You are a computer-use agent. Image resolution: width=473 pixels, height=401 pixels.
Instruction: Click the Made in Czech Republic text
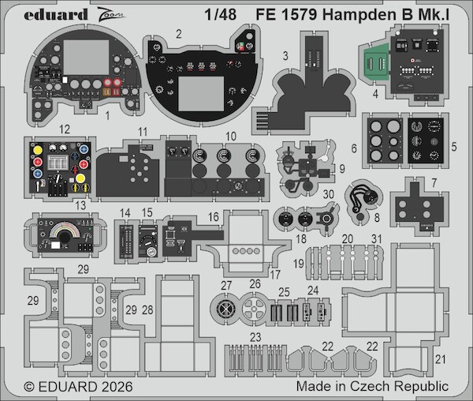tap(372, 388)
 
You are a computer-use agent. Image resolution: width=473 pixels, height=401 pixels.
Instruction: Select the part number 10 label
tap(230, 137)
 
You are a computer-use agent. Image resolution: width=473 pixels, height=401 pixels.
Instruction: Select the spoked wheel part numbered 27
tap(226, 309)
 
